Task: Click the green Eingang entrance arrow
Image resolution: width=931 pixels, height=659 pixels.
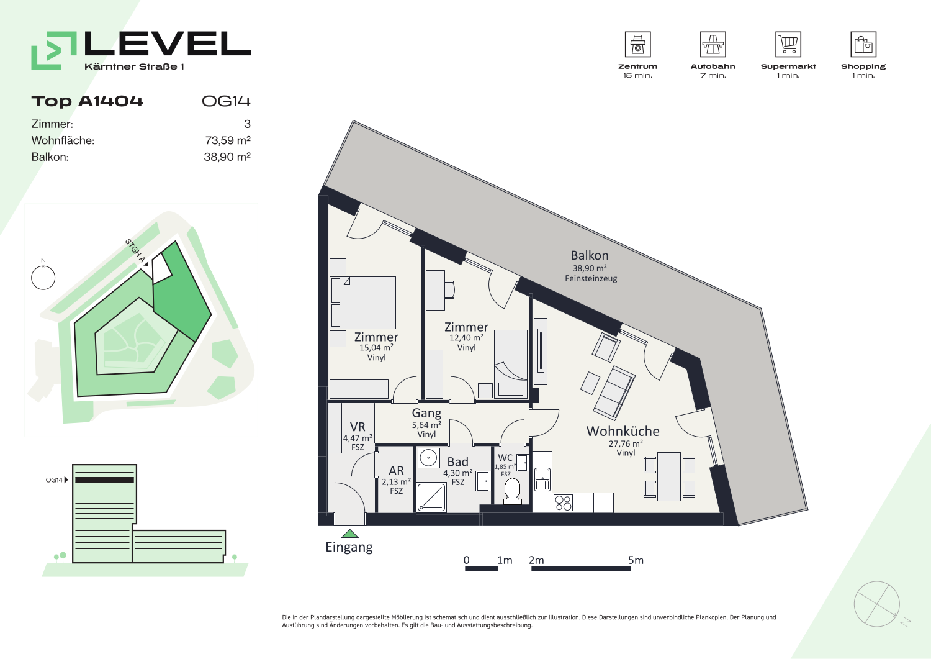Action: coord(350,534)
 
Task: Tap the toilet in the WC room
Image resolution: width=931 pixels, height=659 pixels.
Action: coord(512,491)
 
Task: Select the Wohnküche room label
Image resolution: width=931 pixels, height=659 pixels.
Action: coord(623,432)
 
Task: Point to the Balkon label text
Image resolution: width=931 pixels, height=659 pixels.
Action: coord(590,255)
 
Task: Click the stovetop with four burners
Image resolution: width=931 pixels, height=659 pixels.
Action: coord(563,502)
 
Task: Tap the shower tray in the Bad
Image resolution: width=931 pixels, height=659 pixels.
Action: coord(431,497)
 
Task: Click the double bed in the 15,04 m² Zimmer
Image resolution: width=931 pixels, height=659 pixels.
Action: coord(363,302)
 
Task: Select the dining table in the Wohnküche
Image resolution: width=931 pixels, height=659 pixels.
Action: coord(668,476)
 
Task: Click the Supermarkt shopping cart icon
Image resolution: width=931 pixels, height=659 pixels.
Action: coord(788,44)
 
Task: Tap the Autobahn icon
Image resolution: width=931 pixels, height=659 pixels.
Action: coord(713,44)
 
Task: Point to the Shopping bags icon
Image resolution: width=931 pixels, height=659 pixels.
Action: coord(863,44)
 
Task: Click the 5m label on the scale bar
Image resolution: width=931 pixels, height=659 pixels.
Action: coord(636,560)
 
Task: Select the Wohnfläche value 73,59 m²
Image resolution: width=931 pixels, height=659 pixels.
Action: coord(227,140)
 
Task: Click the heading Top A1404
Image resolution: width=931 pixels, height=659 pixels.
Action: coord(88,101)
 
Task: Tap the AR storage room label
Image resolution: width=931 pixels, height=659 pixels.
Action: coord(396,471)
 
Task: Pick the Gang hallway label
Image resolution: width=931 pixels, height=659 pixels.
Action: coord(426,414)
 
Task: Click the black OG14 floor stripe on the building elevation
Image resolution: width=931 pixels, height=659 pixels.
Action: coord(105,479)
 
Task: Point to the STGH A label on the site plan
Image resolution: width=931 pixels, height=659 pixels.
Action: coord(135,251)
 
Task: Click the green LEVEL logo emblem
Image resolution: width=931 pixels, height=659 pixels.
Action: coord(54,50)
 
